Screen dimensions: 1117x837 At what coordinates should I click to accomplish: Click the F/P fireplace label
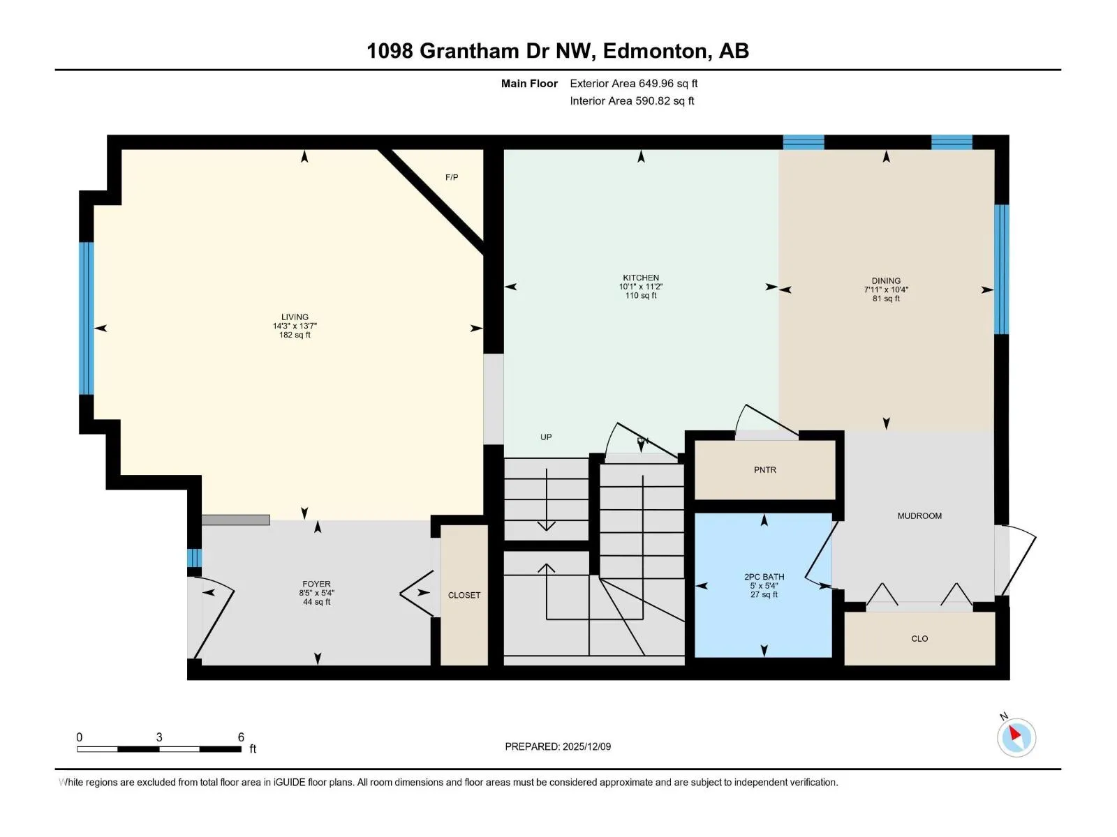pos(452,177)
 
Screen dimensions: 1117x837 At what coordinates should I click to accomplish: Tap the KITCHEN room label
pos(641,278)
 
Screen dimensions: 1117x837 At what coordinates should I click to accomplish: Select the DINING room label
pos(886,280)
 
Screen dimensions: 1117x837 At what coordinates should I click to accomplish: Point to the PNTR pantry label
pos(765,470)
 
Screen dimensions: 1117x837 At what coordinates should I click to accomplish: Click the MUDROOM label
pos(919,516)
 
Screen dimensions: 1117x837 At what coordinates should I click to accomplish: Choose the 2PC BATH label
pos(764,577)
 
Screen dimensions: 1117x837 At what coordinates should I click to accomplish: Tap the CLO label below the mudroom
pos(919,639)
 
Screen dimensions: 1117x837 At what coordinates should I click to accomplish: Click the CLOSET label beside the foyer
pos(464,595)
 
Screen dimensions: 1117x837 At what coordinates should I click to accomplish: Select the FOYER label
pos(316,584)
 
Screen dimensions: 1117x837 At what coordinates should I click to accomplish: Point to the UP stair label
pos(546,437)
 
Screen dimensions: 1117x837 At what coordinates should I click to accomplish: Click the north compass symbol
pos(1016,737)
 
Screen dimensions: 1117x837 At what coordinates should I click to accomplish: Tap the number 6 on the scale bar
pos(242,737)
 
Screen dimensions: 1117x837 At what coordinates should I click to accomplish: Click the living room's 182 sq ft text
pos(295,335)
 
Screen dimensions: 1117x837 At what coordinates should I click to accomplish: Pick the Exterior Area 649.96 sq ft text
pos(634,83)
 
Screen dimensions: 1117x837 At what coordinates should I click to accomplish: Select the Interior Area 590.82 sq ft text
pos(632,100)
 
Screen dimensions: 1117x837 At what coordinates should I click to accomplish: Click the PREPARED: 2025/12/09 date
pos(558,746)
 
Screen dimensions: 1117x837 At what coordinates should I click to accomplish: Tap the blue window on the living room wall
pos(86,319)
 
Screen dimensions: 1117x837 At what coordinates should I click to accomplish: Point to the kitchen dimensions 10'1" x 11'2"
pos(641,287)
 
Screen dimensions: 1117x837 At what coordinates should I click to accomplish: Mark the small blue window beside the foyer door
pos(194,558)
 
